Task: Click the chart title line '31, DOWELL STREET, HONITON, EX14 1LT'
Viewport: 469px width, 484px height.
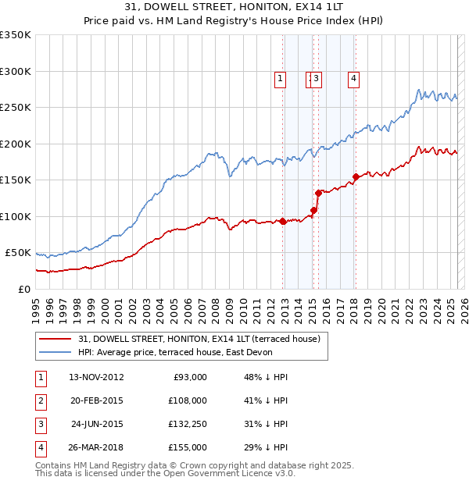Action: (x=234, y=8)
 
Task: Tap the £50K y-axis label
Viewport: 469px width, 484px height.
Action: (x=17, y=253)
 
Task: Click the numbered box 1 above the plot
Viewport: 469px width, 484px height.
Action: (x=280, y=77)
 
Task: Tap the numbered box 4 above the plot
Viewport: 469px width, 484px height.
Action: (x=354, y=77)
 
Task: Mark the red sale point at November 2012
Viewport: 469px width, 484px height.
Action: (x=282, y=221)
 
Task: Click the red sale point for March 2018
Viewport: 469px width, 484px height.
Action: (x=356, y=176)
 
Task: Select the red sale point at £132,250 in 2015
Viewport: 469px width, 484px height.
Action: (x=318, y=193)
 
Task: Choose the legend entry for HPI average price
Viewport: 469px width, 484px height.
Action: (x=181, y=353)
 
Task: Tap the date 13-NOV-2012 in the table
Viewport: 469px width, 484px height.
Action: (x=96, y=377)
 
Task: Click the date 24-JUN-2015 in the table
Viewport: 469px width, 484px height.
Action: (x=97, y=424)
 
